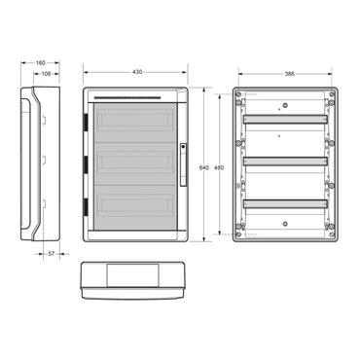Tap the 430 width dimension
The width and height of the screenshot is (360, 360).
tap(137, 72)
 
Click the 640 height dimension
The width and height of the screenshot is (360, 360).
tap(203, 167)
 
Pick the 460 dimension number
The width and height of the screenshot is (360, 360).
tap(219, 167)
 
